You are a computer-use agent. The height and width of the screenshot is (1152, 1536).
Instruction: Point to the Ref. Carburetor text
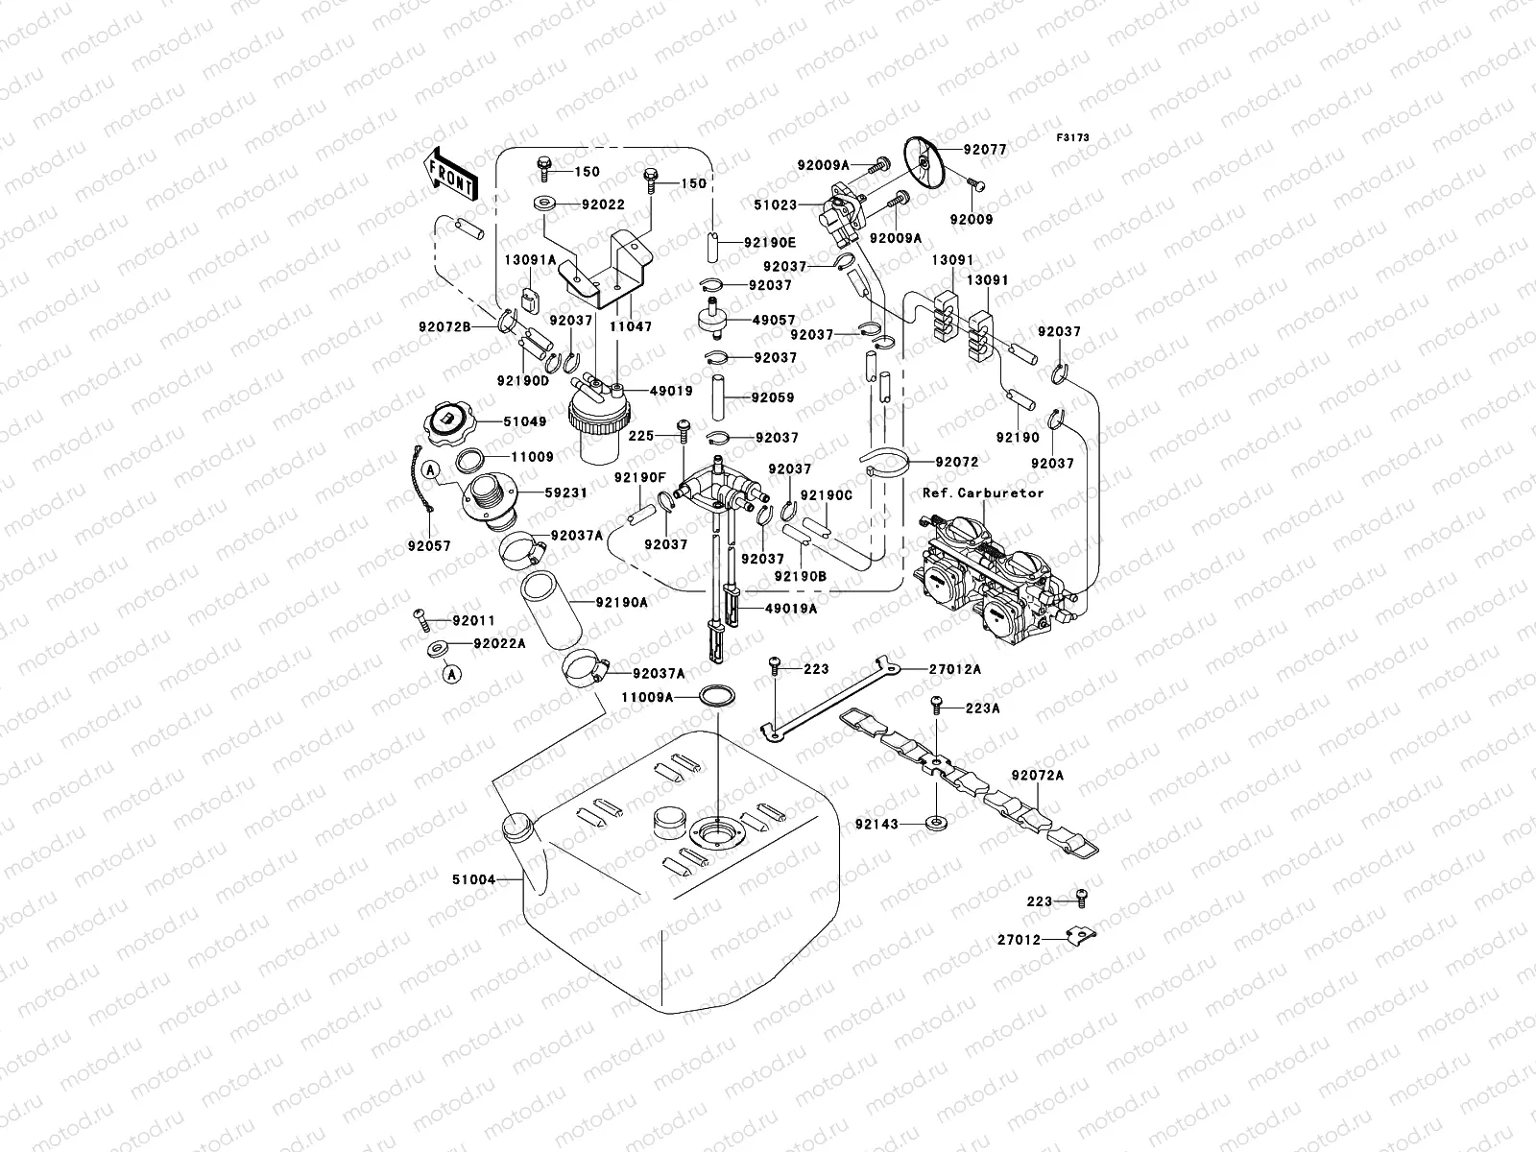983,492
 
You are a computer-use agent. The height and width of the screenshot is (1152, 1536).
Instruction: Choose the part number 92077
985,150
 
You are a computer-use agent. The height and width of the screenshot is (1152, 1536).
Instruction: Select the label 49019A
791,608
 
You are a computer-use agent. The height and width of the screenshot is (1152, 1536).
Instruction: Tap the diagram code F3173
1072,138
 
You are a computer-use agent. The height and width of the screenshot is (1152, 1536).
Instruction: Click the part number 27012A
954,669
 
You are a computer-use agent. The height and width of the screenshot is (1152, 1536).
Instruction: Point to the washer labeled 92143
934,824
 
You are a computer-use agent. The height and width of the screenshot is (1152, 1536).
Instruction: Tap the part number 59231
566,492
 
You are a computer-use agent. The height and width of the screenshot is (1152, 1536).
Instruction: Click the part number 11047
631,326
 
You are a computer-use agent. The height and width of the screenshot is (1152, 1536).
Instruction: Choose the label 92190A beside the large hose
621,603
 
